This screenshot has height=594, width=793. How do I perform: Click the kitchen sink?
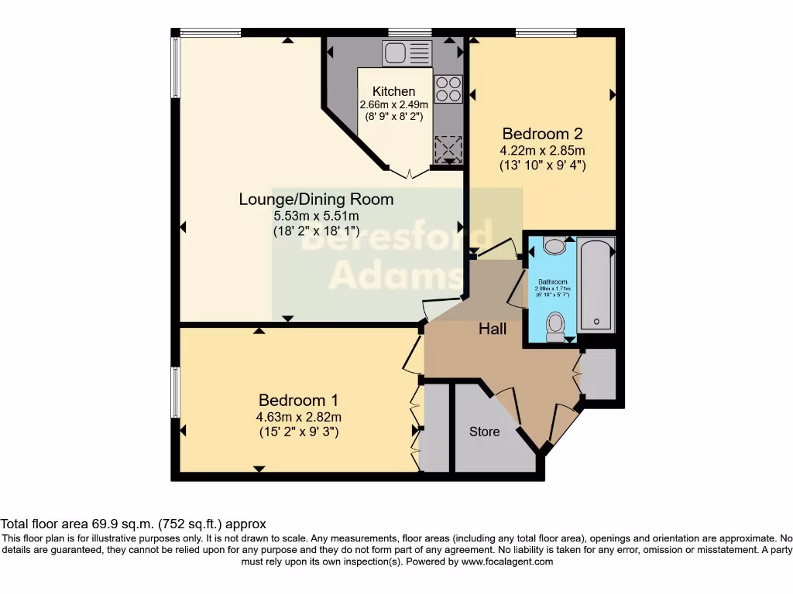(406, 53)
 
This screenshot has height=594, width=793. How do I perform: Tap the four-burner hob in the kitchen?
(448, 89)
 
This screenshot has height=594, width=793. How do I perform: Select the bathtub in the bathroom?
(596, 285)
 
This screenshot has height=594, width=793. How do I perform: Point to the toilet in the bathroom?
(555, 326)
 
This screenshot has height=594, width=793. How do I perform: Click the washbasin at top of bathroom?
(554, 247)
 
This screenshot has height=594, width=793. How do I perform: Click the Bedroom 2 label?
(542, 133)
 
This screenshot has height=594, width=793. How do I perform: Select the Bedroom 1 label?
(298, 401)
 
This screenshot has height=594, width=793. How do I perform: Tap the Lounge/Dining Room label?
(316, 200)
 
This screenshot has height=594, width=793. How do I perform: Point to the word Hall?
(493, 329)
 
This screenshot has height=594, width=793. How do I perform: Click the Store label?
(485, 432)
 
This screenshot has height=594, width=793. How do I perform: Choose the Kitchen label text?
(393, 92)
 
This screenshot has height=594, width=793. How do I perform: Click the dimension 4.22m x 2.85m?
(542, 150)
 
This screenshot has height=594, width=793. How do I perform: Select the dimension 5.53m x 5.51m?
(316, 216)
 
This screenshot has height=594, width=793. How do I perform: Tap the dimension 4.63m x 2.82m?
(298, 418)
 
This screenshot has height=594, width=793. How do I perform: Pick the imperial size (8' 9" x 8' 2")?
(393, 118)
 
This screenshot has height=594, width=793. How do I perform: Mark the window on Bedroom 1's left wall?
(176, 391)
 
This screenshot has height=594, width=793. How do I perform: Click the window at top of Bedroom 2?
(546, 32)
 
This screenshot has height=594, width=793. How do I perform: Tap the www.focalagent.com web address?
(507, 562)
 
